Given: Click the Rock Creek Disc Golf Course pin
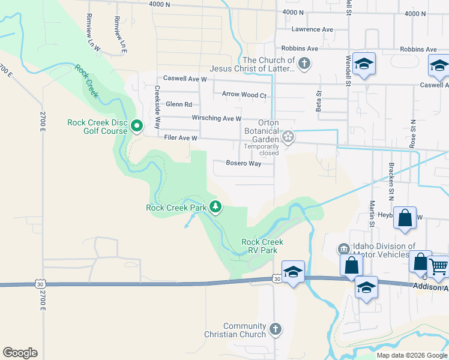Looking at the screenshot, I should click(x=136, y=126).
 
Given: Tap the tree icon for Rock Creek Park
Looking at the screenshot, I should click(x=215, y=208).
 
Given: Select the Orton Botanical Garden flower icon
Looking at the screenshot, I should click(x=289, y=137).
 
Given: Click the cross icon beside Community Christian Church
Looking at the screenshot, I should click(x=275, y=329).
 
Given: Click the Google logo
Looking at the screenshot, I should click(x=20, y=353).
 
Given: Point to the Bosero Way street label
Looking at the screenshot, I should click(x=243, y=163).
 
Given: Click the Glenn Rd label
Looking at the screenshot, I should click(x=179, y=104).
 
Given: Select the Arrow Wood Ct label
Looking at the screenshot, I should click(x=244, y=95).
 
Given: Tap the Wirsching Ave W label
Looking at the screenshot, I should click(x=217, y=119).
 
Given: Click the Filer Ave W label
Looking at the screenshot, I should click(x=181, y=138).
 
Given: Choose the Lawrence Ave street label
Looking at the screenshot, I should click(x=312, y=29).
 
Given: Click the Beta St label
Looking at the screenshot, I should click(x=319, y=101).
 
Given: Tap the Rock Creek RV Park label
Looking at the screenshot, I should click(x=262, y=246).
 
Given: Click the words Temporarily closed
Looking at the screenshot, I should click(x=261, y=149).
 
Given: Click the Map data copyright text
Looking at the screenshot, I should click(x=412, y=355).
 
